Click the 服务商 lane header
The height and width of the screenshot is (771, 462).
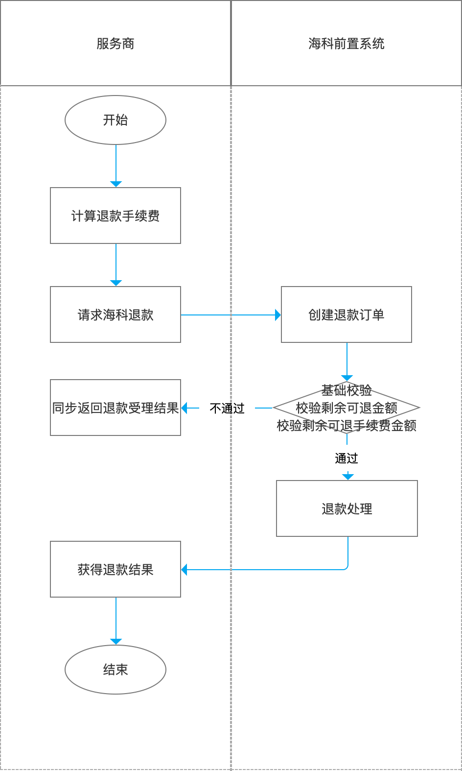coord(115,44)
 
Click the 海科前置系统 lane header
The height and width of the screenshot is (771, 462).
coord(346,44)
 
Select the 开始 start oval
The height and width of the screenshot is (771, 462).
coord(115,120)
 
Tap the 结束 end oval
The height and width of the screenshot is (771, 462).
coord(115,670)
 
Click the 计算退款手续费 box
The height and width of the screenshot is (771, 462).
coord(115,216)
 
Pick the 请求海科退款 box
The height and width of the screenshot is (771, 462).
coord(115,314)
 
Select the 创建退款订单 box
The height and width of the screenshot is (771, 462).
coord(346,314)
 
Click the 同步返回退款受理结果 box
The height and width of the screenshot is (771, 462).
coord(115,408)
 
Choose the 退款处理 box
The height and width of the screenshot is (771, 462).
coord(346,508)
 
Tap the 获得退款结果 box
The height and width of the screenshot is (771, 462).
coord(115,569)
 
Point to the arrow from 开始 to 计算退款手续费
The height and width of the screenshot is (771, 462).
coord(116,164)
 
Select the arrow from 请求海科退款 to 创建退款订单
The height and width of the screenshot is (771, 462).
coord(230,315)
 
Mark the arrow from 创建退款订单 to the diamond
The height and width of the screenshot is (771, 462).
coord(347,361)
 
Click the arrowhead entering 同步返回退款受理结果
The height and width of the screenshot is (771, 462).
coord(185,408)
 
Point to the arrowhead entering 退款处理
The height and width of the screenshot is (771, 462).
coord(347,477)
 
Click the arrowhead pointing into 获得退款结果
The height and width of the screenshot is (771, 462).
coord(185,570)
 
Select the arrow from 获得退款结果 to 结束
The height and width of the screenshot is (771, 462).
coord(116,620)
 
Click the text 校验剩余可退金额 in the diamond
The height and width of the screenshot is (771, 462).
coord(346,408)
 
